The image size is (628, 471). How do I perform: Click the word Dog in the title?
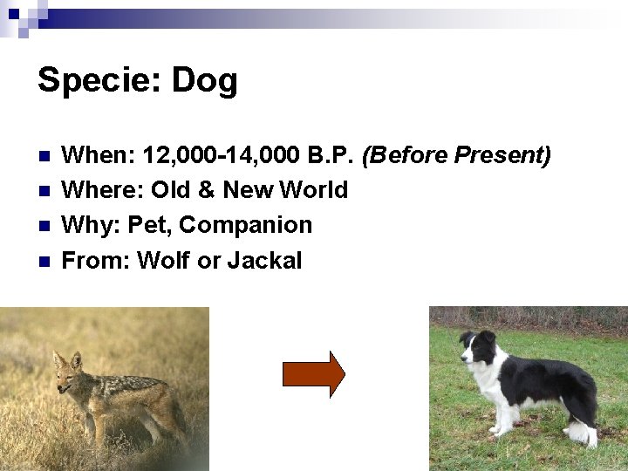tap(204, 80)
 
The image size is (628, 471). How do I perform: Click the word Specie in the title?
tap(94, 80)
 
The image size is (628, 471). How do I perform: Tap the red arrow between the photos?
tap(313, 374)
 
